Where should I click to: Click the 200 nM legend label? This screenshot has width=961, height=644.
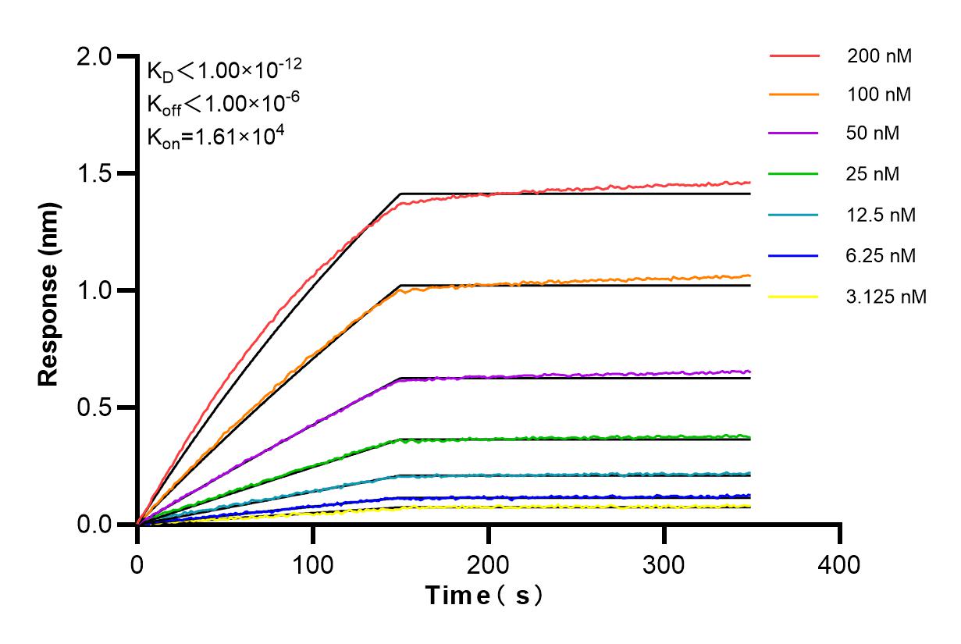click(879, 56)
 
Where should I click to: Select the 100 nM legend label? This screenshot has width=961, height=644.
click(879, 94)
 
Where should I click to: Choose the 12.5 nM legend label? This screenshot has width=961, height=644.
click(881, 215)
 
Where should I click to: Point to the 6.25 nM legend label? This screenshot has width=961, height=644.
click(881, 255)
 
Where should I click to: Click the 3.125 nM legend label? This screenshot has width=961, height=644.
click(886, 297)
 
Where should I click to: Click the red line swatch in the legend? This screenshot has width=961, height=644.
click(793, 56)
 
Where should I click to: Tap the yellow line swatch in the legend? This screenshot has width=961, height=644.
click(793, 297)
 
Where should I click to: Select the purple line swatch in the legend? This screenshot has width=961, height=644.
click(793, 133)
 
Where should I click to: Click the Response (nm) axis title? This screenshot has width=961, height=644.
click(49, 290)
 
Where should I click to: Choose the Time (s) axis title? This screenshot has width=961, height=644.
click(484, 596)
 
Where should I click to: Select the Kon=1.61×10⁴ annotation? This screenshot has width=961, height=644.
click(215, 136)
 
